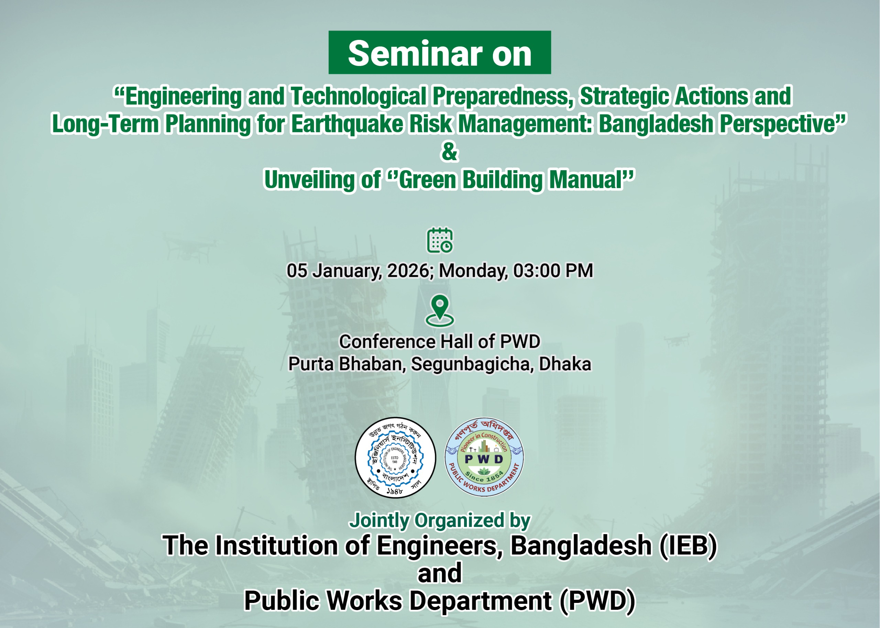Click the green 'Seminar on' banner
pyautogui.click(x=440, y=53)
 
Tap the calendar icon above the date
pyautogui.click(x=440, y=241)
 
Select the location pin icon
pyautogui.click(x=440, y=310)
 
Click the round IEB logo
pyautogui.click(x=395, y=458)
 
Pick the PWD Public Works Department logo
pyautogui.click(x=484, y=458)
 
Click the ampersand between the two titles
pyautogui.click(x=449, y=152)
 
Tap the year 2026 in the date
pyautogui.click(x=408, y=271)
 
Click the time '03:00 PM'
pyautogui.click(x=553, y=271)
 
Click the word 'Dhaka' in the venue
pyautogui.click(x=565, y=364)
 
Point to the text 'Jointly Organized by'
pyautogui.click(x=440, y=520)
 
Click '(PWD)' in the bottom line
pyautogui.click(x=597, y=601)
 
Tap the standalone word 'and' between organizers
pyautogui.click(x=440, y=573)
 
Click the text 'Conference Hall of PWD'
pyautogui.click(x=440, y=342)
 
